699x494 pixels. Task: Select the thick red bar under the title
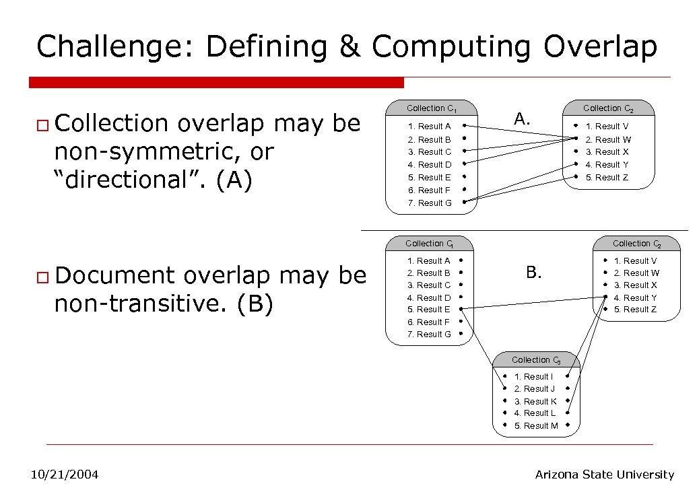coord(216,82)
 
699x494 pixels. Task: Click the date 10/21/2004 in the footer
coord(65,474)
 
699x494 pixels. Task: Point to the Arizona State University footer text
coord(604,474)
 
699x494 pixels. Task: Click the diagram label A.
coord(522,119)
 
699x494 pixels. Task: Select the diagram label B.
coord(533,272)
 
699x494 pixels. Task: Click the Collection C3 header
coord(535,360)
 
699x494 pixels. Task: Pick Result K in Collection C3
coord(535,401)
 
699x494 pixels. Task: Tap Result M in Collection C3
coord(536,425)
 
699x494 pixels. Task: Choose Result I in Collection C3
coord(533,376)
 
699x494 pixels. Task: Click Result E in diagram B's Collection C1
coord(429,310)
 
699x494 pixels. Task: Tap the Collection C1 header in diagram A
coord(432,108)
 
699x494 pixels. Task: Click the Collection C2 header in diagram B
coord(636,244)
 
